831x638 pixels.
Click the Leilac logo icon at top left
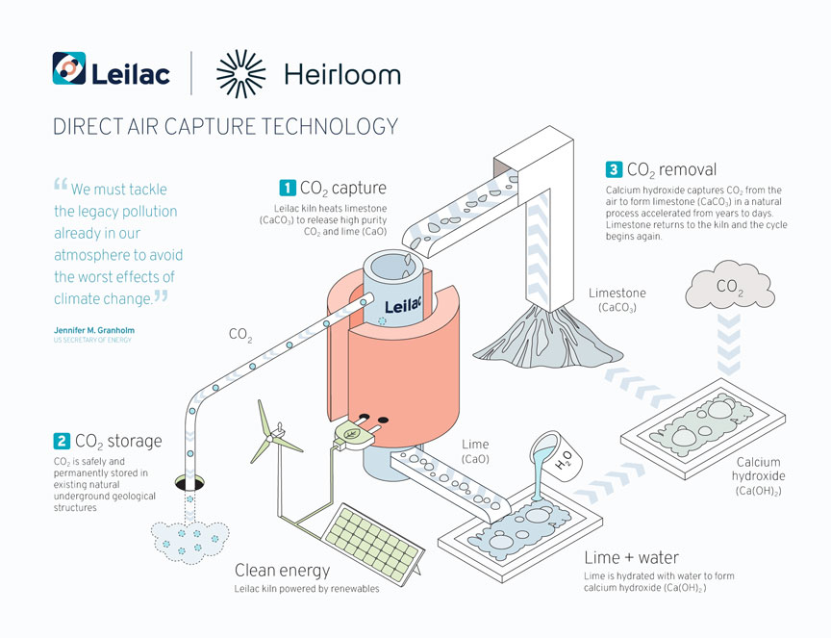click(69, 70)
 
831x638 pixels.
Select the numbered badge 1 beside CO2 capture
click(287, 187)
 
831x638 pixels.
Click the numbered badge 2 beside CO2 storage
click(62, 442)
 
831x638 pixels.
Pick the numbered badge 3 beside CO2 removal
click(613, 170)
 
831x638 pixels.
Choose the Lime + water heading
click(631, 557)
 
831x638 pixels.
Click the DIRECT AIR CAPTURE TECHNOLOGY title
click(225, 126)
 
